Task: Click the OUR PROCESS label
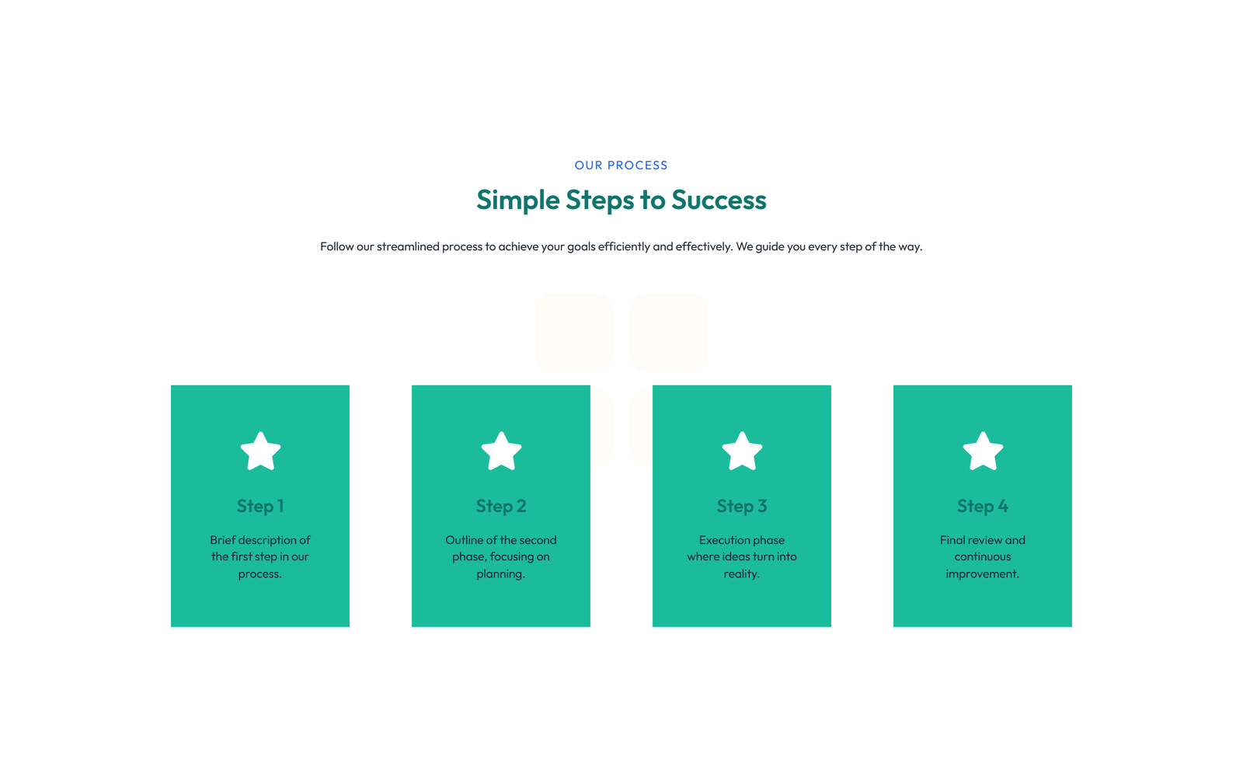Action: click(621, 166)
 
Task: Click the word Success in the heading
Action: click(719, 200)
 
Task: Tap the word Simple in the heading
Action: click(517, 200)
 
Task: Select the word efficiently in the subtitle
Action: click(624, 246)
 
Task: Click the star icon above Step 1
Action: click(260, 451)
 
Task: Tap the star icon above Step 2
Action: click(501, 451)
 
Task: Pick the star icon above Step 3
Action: click(742, 451)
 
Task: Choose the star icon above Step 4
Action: click(983, 451)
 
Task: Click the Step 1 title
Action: click(260, 506)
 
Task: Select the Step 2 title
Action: click(501, 506)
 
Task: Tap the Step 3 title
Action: click(742, 506)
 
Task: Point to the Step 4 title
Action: click(983, 506)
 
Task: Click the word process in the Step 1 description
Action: click(259, 574)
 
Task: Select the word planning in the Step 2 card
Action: click(500, 574)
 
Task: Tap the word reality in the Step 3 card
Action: click(740, 574)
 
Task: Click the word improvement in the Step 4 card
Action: click(981, 574)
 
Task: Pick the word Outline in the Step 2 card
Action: click(464, 540)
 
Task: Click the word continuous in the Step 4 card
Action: click(983, 557)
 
